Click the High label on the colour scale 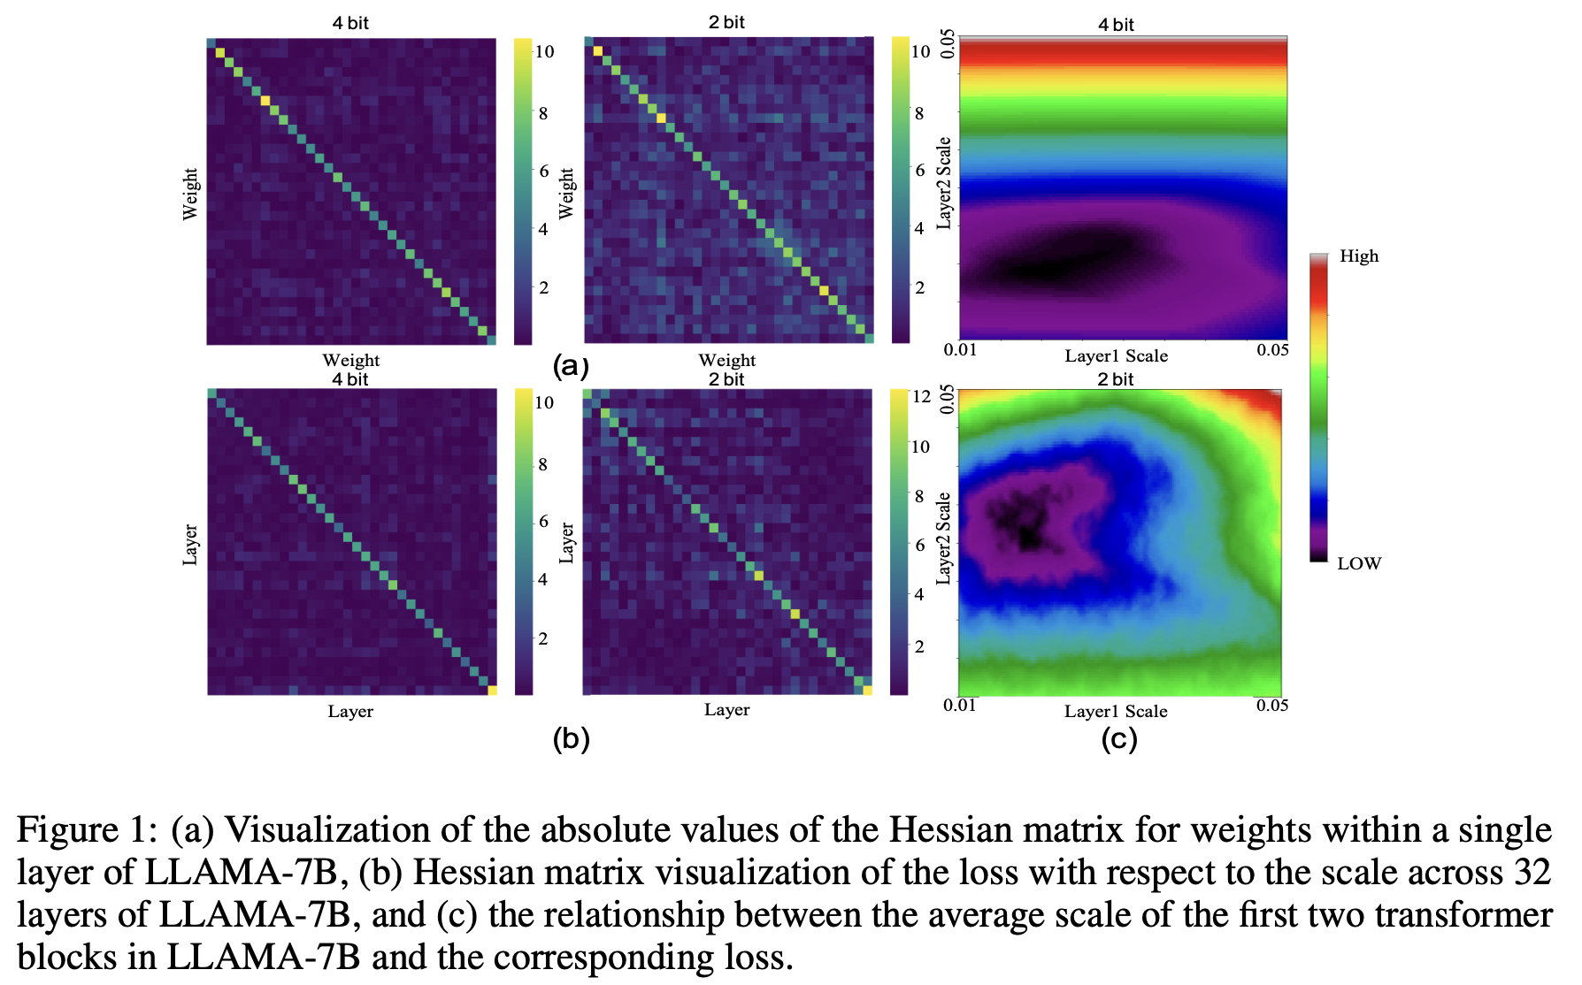pos(1359,256)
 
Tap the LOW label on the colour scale pos(1359,563)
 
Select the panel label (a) pos(571,365)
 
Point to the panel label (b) pos(571,738)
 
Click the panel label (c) pos(1119,738)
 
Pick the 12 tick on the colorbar pos(922,396)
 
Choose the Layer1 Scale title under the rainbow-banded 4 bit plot pos(1116,356)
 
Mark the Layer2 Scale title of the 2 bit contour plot pos(944,538)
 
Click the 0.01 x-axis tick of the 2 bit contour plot pos(960,706)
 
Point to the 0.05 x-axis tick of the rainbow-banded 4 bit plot pos(1272,350)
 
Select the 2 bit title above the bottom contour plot pos(1116,379)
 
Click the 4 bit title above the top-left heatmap pos(350,24)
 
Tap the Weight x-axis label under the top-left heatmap pos(350,360)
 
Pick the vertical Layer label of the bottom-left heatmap pos(190,545)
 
